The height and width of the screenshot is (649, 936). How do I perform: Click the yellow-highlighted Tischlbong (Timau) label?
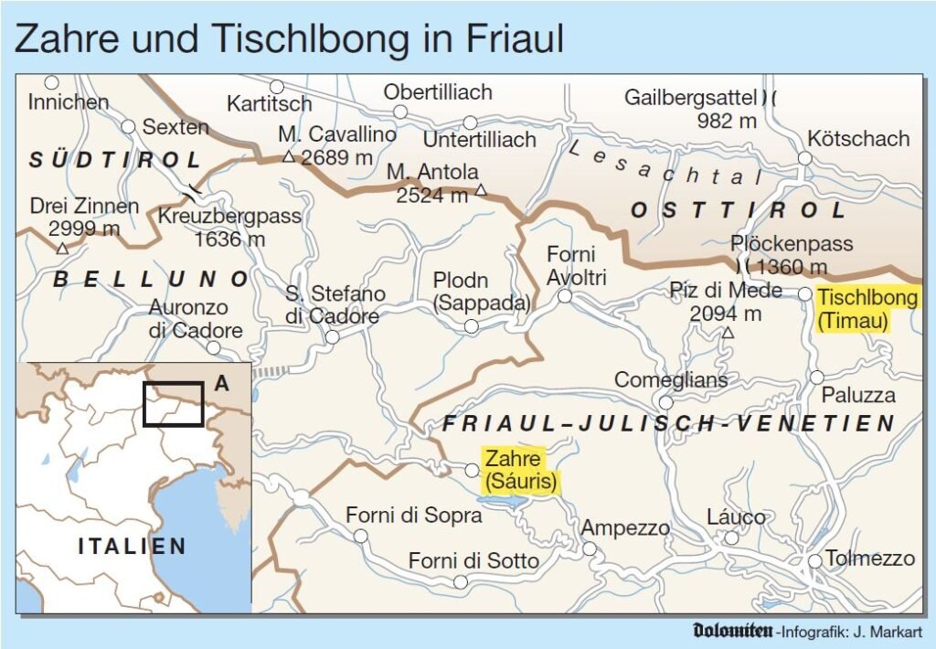coord(867,309)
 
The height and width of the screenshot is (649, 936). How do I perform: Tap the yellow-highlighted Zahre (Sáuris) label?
coord(519,470)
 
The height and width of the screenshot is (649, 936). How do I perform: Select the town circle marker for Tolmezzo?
coord(814,560)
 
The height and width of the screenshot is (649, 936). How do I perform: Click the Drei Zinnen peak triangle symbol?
coord(62,248)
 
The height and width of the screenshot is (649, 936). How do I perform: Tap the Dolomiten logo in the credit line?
coord(731,630)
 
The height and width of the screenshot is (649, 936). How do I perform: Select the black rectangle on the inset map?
coord(173,403)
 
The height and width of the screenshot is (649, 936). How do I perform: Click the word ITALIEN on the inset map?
coord(133,547)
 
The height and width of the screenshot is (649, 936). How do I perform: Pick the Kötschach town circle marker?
coord(804,158)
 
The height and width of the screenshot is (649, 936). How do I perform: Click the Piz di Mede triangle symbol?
coord(728,333)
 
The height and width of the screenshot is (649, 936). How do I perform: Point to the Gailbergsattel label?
coord(692,97)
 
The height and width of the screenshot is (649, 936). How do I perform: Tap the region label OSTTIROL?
coord(739,210)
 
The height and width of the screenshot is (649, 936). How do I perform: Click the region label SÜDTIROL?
coord(115,160)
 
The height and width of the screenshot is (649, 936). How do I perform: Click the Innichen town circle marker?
coord(52,83)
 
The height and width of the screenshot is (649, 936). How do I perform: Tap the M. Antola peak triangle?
coord(481,190)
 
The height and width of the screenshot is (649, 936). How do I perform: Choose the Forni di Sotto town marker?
coord(461,581)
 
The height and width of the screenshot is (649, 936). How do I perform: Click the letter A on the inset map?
coord(221,384)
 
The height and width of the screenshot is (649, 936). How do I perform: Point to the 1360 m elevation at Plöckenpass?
coord(791,267)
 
